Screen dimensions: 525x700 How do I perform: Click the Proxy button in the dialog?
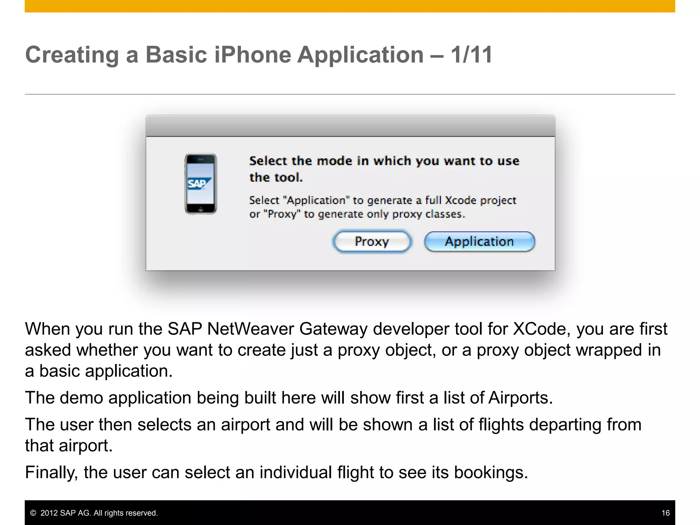pyautogui.click(x=372, y=242)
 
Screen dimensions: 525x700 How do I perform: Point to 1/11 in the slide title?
pyautogui.click(x=471, y=55)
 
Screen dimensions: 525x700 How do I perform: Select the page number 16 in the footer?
pyautogui.click(x=665, y=513)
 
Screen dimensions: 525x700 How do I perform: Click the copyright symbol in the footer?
pyautogui.click(x=33, y=513)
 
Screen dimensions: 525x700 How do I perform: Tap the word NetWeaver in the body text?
pyautogui.click(x=250, y=329)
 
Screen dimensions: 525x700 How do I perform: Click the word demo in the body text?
pyautogui.click(x=81, y=398)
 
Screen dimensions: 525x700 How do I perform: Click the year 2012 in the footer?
pyautogui.click(x=49, y=513)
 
